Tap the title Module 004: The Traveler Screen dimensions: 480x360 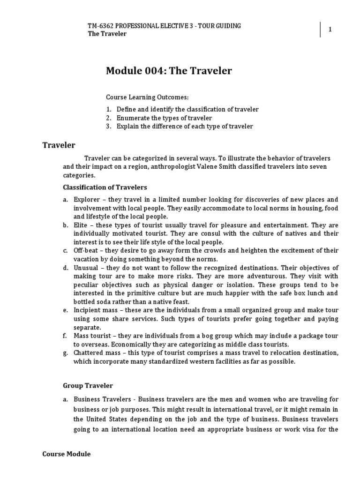169,71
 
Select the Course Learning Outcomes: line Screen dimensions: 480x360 147,97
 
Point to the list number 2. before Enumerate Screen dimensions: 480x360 108,118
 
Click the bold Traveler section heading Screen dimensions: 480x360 59,145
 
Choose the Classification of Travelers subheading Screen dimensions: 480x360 105,187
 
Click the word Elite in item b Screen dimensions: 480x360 81,225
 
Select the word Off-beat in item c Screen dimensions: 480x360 86,251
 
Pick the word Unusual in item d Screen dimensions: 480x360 86,268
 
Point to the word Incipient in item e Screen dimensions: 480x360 88,310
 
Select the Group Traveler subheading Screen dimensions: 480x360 88,386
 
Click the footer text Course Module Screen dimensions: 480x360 66,454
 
